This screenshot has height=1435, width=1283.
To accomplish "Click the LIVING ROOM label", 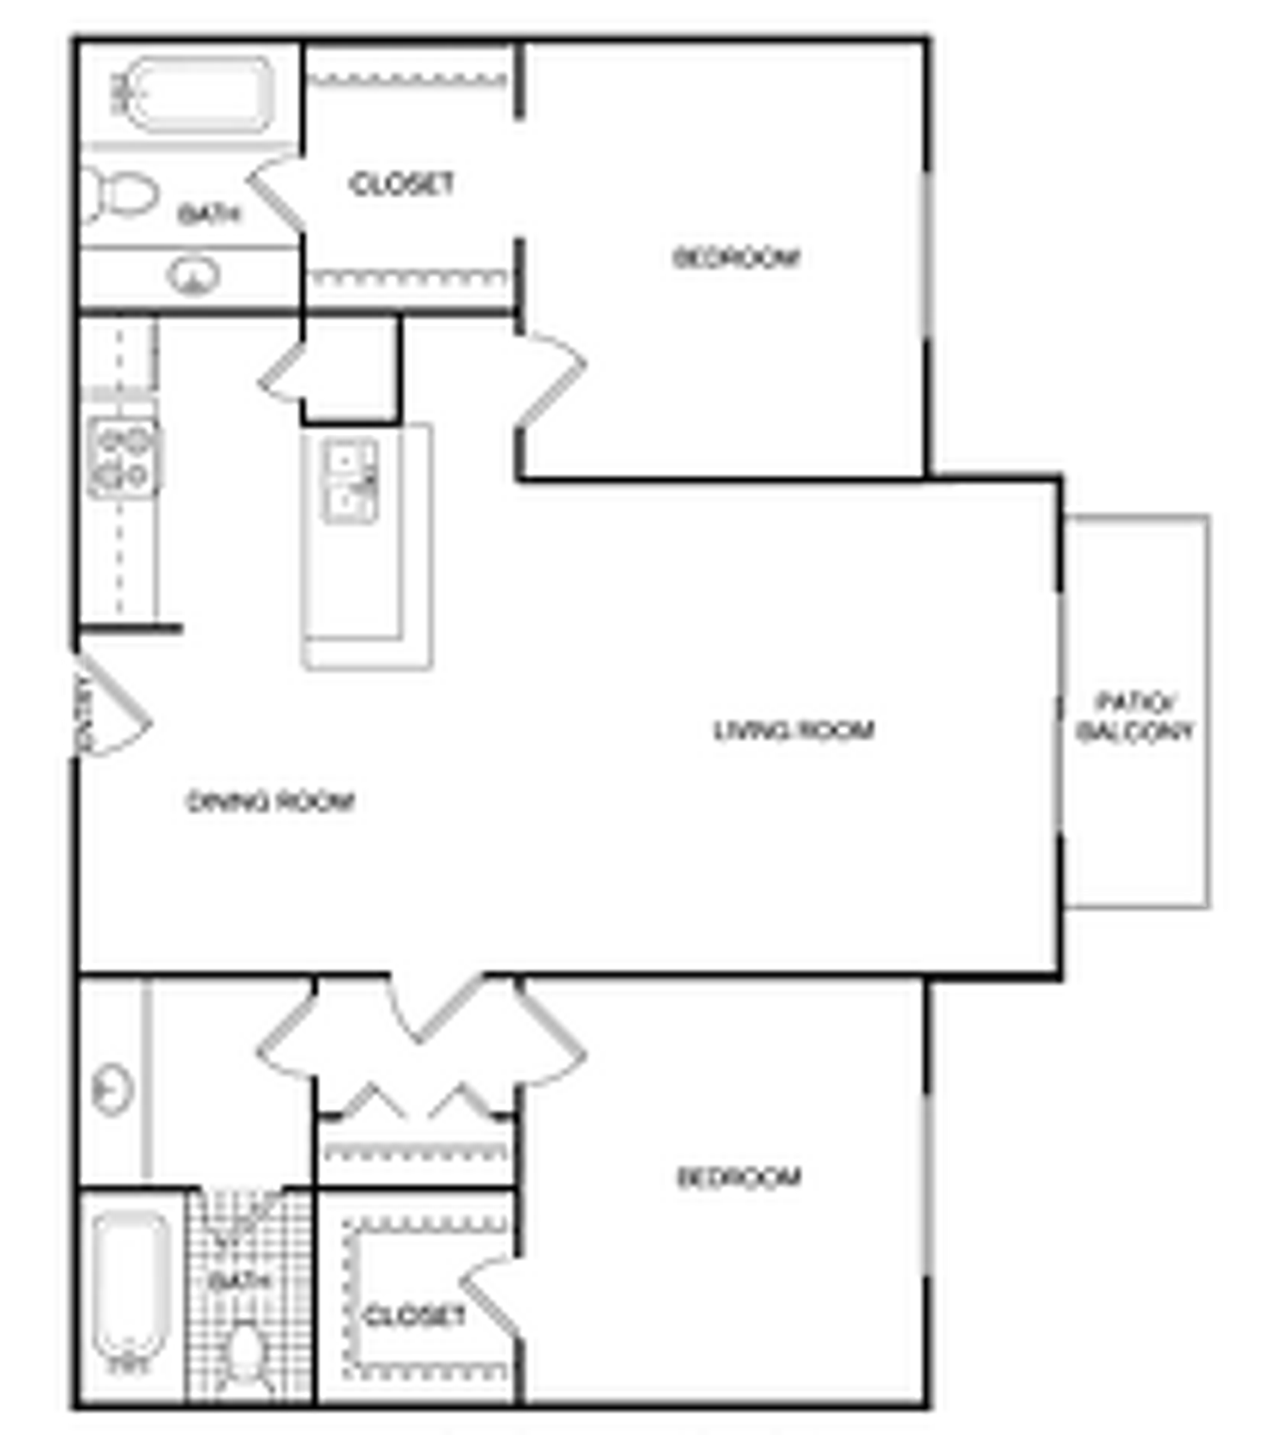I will click(794, 729).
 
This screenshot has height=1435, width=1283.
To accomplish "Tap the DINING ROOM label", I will click(270, 801).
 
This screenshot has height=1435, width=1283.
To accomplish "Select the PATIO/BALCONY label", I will click(1135, 717).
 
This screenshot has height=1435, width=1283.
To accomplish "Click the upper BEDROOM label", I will click(736, 258).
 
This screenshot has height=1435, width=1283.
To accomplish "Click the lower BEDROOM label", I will click(739, 1177).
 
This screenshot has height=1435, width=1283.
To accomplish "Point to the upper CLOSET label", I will click(401, 184).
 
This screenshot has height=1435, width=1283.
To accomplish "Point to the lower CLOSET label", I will click(414, 1315).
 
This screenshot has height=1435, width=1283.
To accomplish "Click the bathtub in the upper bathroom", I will click(198, 96).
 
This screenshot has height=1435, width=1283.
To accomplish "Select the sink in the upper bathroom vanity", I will click(194, 276).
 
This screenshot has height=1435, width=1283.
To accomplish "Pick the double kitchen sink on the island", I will click(350, 481).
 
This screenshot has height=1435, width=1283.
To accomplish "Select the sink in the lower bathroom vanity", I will click(113, 1090).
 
